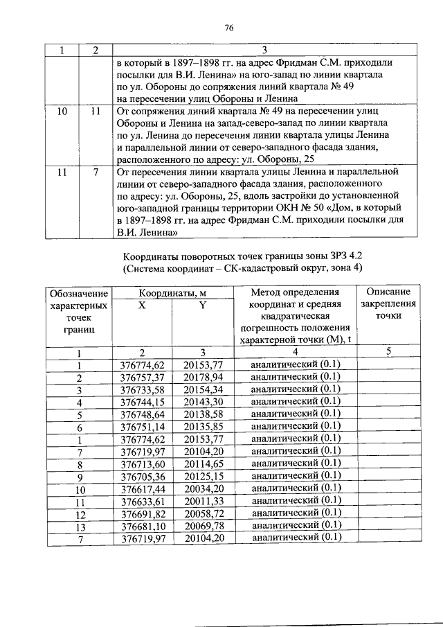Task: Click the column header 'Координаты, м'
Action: coord(172,293)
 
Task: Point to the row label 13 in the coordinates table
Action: coord(80,526)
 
